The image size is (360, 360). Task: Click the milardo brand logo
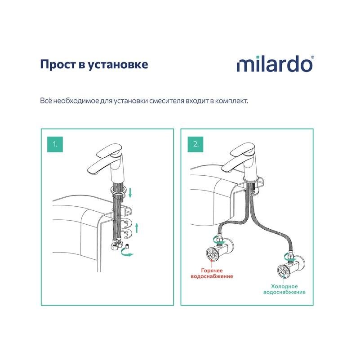pos(275,64)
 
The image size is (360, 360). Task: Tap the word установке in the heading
pos(118,65)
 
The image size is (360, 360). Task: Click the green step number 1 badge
pos(55,144)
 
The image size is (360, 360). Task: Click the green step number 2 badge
pos(196,144)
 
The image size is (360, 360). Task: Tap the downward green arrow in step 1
pos(130,192)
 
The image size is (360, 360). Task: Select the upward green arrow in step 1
pos(137,227)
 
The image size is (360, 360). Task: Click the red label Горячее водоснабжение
pos(212,273)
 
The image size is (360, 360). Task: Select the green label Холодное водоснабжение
pos(284,289)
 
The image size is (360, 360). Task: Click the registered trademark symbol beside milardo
pos(312,57)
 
